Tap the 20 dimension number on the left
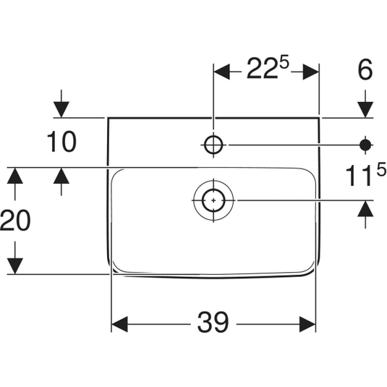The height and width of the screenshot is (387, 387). [15, 220]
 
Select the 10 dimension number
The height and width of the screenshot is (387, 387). [61, 142]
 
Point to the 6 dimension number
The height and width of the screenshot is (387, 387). [365, 69]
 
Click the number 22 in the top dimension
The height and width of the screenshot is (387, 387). [262, 68]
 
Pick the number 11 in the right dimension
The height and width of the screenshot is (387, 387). [359, 176]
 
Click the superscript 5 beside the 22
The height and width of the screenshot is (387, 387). [284, 62]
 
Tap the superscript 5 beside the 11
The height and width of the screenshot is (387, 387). [381, 169]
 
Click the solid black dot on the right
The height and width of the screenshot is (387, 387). [365, 145]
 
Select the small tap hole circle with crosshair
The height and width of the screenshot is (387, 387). [213, 145]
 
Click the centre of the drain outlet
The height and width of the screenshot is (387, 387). [213, 200]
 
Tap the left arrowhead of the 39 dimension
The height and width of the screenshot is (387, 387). [119, 324]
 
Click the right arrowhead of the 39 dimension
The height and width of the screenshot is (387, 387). [307, 324]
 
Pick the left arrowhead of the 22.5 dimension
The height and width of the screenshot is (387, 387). [221, 72]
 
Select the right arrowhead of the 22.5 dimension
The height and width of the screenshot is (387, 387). [311, 72]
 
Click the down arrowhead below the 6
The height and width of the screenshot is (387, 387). [365, 109]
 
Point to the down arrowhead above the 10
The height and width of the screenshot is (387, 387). [61, 109]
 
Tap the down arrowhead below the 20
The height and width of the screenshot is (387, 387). [15, 266]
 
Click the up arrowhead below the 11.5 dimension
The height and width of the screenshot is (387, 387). [365, 209]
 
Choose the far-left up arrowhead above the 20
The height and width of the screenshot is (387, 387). [15, 176]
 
